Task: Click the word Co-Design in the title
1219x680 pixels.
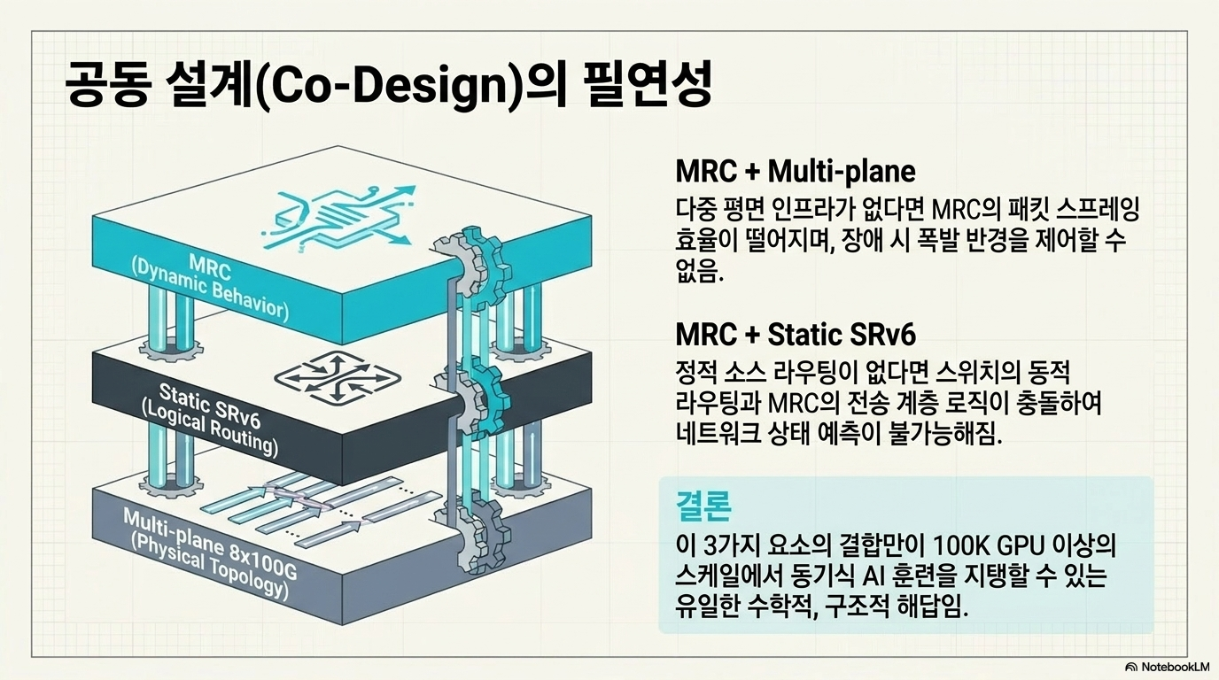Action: coord(389,87)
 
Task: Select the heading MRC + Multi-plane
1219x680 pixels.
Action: coord(795,171)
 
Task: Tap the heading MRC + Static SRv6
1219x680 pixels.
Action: coord(796,334)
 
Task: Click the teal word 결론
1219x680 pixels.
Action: coord(703,506)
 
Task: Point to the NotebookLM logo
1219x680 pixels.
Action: coord(1168,667)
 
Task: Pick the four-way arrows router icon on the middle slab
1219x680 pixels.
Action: coord(338,377)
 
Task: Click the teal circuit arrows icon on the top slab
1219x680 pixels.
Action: coord(338,218)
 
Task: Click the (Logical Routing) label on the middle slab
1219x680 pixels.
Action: coord(210,431)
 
